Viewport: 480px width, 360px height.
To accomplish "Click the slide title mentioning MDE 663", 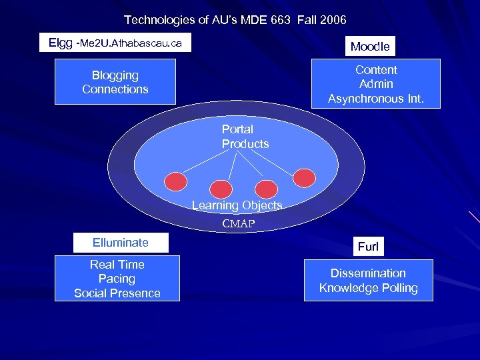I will click(235, 20).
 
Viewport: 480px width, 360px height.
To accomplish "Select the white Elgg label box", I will click(115, 43).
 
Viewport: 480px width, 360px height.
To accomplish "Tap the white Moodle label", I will click(370, 46).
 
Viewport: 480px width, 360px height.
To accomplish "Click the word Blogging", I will click(115, 75).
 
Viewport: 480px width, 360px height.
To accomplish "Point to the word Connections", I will click(115, 89).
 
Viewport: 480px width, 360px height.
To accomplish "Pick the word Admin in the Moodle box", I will click(376, 84).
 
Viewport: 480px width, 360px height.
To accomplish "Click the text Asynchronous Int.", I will click(375, 99).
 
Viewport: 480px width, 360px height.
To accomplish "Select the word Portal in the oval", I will click(237, 129).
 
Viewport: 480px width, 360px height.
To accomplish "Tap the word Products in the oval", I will click(245, 144).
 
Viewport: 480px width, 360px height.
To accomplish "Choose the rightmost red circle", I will click(305, 177).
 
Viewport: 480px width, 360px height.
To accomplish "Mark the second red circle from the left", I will click(221, 189).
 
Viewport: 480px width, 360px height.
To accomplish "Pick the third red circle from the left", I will click(266, 189).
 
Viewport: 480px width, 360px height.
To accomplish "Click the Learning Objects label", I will click(237, 205).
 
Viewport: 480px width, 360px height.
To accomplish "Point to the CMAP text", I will click(238, 224).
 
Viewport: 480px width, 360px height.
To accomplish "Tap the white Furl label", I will click(368, 247).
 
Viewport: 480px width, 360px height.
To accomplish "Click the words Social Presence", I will click(117, 293).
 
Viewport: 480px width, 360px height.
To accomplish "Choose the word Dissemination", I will click(368, 273).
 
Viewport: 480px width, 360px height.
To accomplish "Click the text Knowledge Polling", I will click(368, 288).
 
